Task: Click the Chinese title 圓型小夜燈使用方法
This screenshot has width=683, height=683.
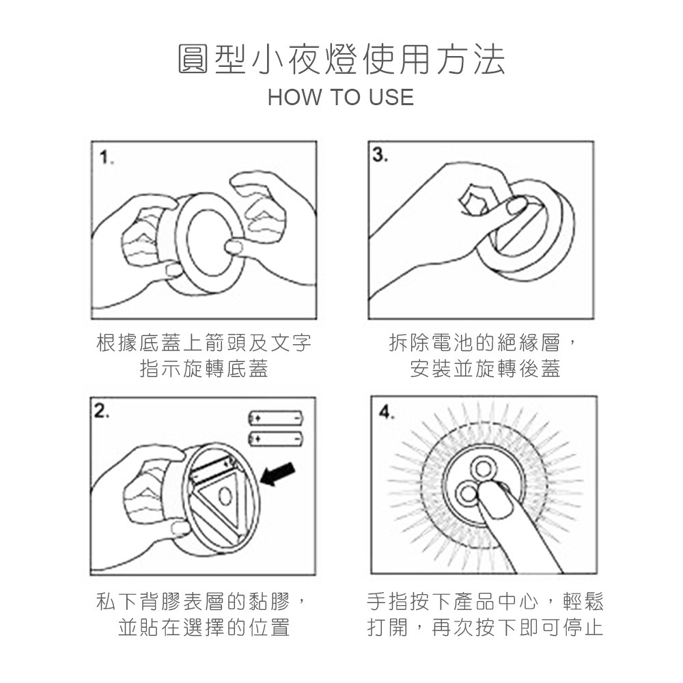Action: click(x=341, y=59)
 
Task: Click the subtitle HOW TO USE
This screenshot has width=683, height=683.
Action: click(x=341, y=97)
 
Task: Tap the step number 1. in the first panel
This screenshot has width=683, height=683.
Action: click(x=107, y=158)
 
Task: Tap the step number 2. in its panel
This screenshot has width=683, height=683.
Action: click(x=102, y=410)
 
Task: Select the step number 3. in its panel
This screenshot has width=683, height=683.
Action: click(x=380, y=155)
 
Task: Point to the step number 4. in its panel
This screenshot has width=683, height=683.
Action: click(x=387, y=412)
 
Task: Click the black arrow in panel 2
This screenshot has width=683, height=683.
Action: click(x=278, y=474)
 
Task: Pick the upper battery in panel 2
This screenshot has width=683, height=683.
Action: click(x=275, y=418)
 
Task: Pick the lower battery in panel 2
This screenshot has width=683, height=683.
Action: click(x=275, y=438)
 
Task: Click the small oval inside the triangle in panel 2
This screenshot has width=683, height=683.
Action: click(x=226, y=496)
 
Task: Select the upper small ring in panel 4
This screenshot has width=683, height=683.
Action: click(x=483, y=469)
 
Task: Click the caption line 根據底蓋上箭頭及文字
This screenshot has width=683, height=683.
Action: click(x=204, y=343)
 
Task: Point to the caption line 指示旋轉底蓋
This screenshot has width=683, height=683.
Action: click(x=204, y=369)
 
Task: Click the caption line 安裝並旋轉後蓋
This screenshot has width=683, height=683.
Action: click(x=485, y=369)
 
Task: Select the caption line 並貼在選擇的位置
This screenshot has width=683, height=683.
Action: click(x=204, y=627)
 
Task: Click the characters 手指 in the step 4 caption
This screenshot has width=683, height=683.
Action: click(x=388, y=602)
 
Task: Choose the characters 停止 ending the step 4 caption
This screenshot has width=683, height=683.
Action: click(x=583, y=627)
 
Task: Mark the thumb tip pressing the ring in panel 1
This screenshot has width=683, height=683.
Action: click(x=234, y=247)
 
